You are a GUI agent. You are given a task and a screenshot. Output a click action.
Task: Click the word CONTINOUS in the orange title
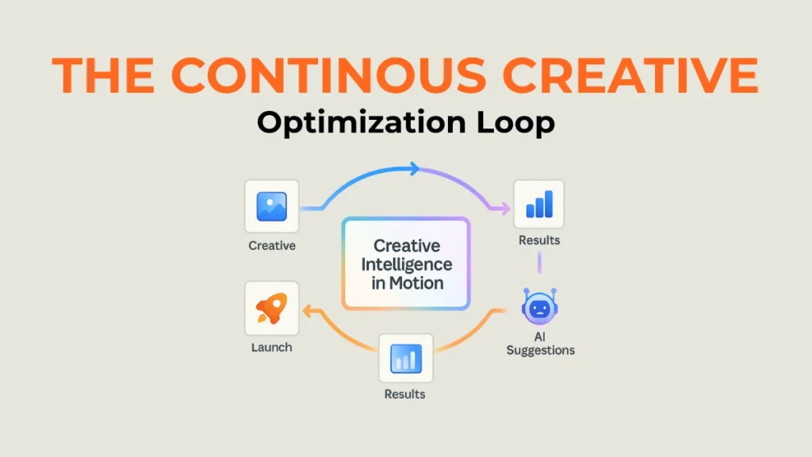(x=328, y=75)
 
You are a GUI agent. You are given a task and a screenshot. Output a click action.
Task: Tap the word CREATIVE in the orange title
(x=630, y=75)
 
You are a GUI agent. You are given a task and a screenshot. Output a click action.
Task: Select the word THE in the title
(x=103, y=75)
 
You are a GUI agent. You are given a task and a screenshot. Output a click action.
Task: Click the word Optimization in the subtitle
(x=362, y=123)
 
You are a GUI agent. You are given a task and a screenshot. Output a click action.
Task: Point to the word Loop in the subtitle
(x=515, y=123)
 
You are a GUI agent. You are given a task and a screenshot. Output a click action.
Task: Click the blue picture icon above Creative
(x=271, y=206)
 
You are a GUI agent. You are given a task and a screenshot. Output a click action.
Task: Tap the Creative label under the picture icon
(x=272, y=246)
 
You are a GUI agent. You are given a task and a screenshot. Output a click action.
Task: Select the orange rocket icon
(x=271, y=308)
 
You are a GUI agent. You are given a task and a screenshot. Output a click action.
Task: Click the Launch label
(x=271, y=348)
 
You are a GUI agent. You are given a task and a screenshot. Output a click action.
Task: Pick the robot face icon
(x=539, y=307)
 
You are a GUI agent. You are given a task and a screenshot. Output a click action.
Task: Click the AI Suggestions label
(x=540, y=344)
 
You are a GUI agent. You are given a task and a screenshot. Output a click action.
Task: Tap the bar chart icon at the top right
(x=539, y=204)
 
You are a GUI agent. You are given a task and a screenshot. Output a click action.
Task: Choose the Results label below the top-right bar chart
(x=539, y=240)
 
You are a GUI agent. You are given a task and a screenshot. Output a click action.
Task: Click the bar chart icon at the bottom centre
(x=405, y=359)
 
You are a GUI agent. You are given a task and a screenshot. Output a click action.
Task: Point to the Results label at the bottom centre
(x=404, y=394)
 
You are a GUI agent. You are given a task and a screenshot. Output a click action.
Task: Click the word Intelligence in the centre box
(x=407, y=264)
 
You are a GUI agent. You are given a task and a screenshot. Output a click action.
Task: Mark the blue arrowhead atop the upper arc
(x=414, y=168)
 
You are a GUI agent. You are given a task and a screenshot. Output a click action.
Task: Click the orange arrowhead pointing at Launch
(x=307, y=311)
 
